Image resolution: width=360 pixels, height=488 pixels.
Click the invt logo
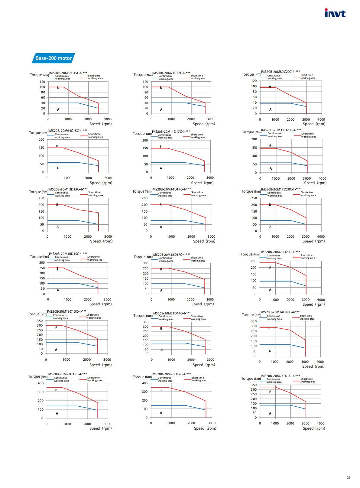point(335,13)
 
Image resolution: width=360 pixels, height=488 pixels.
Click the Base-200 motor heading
point(54,58)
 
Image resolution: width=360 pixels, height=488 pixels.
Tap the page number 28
point(349,477)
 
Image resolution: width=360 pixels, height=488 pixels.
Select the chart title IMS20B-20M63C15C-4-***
point(68,73)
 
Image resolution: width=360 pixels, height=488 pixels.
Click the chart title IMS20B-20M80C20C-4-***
point(281,72)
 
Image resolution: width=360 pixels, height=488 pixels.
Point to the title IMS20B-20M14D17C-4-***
point(171,189)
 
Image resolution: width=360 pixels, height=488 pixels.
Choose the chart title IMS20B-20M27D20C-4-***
point(280,376)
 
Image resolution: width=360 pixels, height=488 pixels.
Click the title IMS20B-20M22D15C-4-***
point(67,374)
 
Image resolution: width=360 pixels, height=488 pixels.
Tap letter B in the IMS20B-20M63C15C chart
point(58,88)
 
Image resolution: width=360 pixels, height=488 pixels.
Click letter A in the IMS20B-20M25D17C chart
point(161,413)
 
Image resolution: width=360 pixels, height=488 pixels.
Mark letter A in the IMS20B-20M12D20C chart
point(271,168)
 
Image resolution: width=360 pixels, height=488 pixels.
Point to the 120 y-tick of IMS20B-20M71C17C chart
point(145,82)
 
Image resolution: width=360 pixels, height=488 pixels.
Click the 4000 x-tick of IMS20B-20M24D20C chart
point(320,362)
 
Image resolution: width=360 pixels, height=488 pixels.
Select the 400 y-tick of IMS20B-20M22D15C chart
point(41,383)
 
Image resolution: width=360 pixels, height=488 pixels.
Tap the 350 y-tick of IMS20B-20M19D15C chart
point(40,321)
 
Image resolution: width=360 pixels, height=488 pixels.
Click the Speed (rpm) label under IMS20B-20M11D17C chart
point(202,183)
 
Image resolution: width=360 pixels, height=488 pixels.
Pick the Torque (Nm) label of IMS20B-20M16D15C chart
point(39,257)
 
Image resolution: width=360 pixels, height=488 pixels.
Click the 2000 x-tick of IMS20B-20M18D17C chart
point(190,299)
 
